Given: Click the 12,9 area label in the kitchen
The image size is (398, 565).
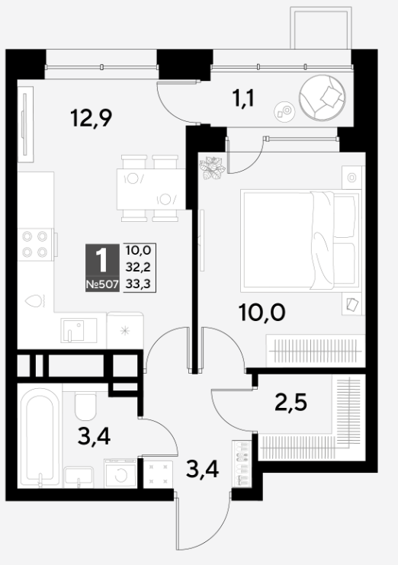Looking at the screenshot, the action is tap(91, 118).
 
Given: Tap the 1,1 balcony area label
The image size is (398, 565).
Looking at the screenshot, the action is tap(244, 98).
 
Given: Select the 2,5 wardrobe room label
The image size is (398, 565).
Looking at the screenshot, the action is tap(290, 402).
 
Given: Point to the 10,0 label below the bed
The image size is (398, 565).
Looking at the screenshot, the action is tap(262, 312).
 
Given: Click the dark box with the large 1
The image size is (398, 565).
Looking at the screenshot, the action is tap(102, 268).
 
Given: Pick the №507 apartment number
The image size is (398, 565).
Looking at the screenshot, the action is tap(102, 284).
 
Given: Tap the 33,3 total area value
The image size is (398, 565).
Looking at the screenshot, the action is tap(138, 284).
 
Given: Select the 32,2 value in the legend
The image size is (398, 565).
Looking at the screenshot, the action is tap(138, 267).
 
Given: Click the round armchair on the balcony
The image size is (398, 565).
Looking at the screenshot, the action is tap(323, 98).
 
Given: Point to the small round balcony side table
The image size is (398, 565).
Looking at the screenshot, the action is tap(284, 111).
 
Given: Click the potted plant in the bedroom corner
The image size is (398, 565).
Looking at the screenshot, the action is tap(212, 168).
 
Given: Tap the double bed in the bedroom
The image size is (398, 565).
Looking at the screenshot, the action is tap(300, 241).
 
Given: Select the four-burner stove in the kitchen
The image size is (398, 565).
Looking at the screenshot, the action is tap(35, 244).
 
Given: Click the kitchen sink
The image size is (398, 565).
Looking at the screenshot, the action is tap(79, 330).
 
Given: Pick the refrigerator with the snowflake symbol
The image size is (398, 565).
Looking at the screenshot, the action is tap(125, 330).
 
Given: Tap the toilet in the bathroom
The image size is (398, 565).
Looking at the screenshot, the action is tap(85, 406).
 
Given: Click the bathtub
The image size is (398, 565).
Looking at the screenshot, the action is tap(40, 436).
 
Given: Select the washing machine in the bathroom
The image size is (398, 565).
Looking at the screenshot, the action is tap(120, 473).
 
